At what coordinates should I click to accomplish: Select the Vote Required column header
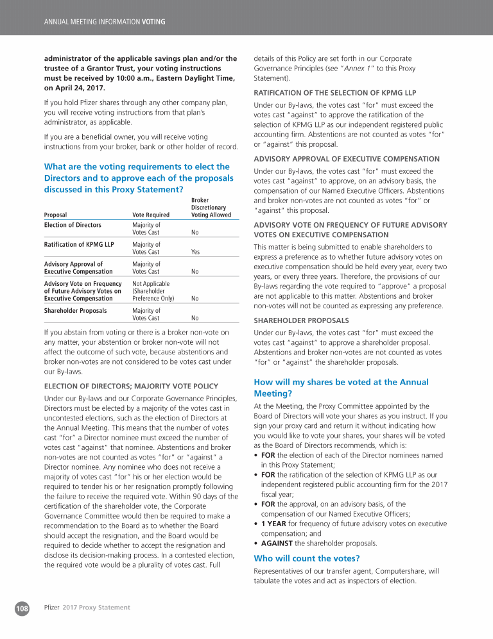[150, 215]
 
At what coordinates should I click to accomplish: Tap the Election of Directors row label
[73, 225]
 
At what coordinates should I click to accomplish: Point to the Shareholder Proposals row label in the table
[76, 310]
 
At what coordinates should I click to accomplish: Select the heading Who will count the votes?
[306, 558]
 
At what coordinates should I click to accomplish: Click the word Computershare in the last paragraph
[390, 570]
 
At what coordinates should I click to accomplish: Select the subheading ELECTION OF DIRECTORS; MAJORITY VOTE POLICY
[131, 386]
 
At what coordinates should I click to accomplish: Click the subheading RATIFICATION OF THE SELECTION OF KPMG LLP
[335, 92]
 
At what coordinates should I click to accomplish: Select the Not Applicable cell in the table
[151, 283]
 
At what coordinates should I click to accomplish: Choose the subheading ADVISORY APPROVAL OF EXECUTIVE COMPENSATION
[347, 159]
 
